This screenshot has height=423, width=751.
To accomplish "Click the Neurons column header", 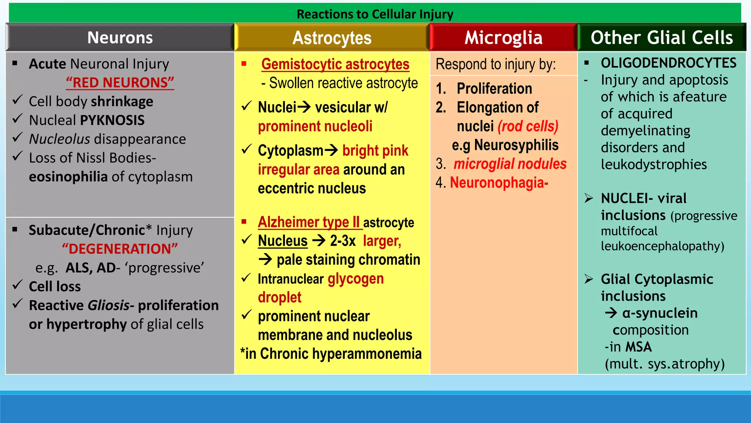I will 120,37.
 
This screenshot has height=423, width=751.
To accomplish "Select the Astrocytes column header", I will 332,38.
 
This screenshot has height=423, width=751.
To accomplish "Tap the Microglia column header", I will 503,37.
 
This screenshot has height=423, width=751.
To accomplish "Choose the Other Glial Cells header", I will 662,37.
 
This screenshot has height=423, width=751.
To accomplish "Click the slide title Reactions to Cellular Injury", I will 375,14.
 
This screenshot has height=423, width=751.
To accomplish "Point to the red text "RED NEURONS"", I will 120,83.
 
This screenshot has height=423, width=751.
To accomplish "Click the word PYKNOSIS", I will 112,120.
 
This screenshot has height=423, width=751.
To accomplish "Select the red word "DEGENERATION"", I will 120,249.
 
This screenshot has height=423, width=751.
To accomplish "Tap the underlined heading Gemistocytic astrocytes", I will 335,64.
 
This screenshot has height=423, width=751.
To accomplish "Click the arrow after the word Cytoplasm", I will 331,150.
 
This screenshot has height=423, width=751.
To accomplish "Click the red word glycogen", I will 355,279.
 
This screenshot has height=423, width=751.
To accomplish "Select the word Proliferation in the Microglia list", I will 494,88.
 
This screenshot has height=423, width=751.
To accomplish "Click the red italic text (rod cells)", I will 528,126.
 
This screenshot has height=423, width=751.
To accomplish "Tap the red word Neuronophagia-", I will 499,182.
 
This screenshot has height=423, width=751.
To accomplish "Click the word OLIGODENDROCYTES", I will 668,63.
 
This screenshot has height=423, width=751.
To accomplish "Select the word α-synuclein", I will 660,313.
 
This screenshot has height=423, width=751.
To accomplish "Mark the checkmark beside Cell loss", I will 18,285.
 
